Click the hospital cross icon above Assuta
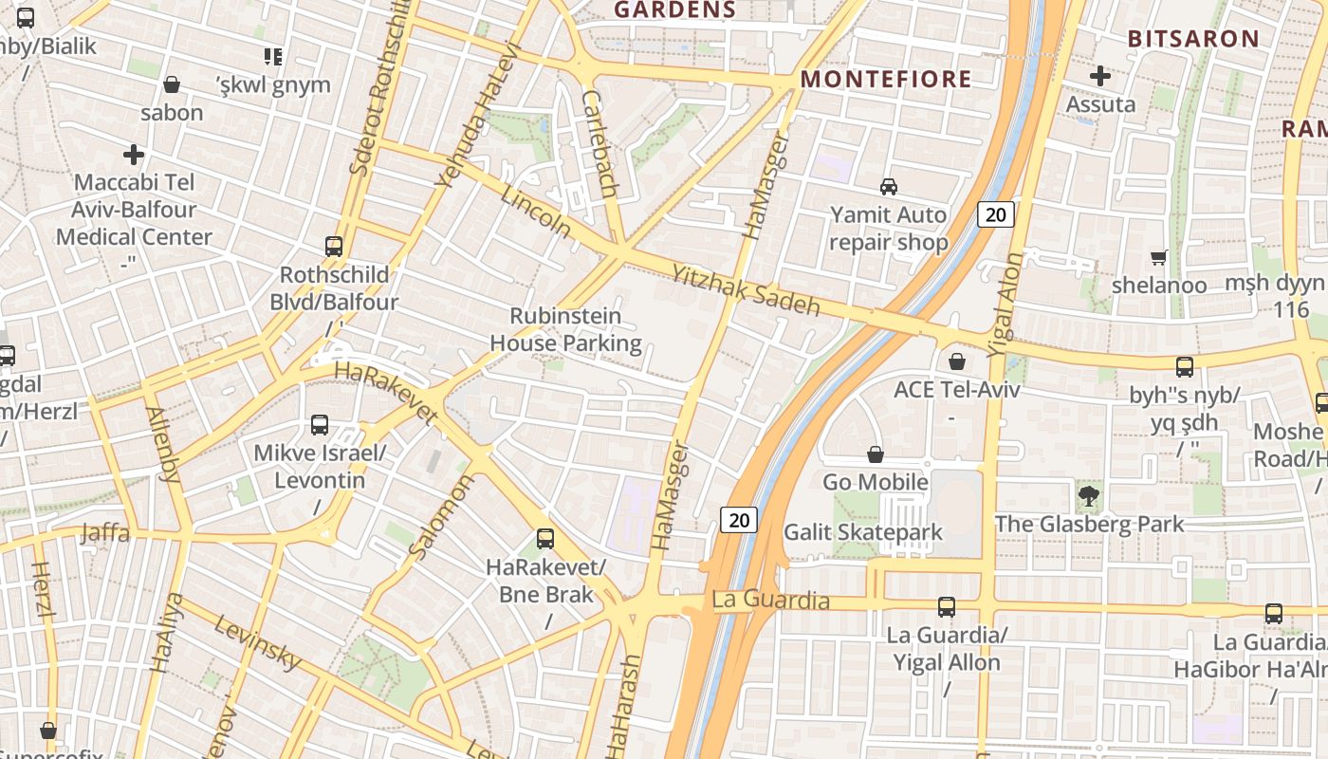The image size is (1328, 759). click(x=1100, y=75)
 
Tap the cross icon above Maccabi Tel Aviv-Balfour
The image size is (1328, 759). click(x=134, y=154)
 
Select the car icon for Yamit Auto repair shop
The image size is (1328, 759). click(x=889, y=186)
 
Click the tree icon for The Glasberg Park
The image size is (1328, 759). click(x=1089, y=494)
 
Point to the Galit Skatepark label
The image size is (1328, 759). click(x=863, y=532)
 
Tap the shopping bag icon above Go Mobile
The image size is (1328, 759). click(x=876, y=455)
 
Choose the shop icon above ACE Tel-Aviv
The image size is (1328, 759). click(x=957, y=361)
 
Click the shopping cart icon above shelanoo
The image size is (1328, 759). click(x=1159, y=257)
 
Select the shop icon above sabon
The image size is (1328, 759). click(x=172, y=84)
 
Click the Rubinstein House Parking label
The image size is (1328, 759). click(x=565, y=329)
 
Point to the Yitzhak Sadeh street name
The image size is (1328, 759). click(x=746, y=290)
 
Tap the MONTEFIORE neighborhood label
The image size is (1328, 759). click(x=887, y=79)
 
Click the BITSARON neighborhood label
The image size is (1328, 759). click(x=1192, y=39)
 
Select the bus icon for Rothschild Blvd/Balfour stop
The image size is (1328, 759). click(x=334, y=247)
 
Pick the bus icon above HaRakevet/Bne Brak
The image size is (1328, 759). click(x=545, y=539)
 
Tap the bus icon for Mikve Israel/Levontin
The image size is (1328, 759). click(x=320, y=425)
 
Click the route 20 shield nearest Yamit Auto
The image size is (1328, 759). click(x=995, y=214)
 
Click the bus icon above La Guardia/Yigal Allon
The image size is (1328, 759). click(x=947, y=607)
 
